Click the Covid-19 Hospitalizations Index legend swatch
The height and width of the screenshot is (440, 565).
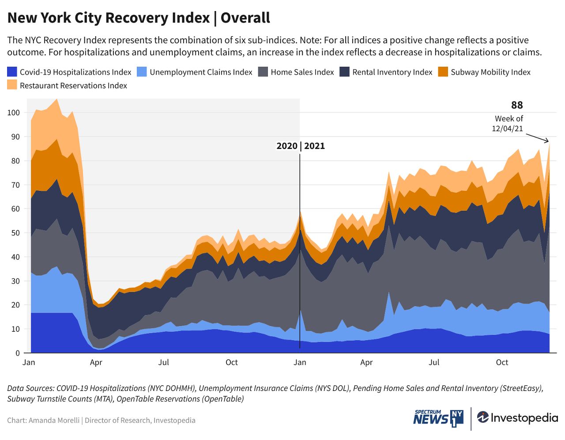click(12, 72)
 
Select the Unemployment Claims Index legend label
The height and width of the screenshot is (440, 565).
click(201, 72)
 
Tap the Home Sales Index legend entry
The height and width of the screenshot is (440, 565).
click(302, 72)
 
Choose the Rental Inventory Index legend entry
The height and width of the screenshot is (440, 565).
click(392, 72)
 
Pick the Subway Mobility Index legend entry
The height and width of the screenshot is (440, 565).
click(490, 72)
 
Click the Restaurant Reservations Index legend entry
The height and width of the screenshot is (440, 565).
click(73, 85)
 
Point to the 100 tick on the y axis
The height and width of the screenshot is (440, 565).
click(14, 113)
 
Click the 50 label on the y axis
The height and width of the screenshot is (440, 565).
click(15, 233)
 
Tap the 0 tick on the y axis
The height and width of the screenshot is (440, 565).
click(18, 353)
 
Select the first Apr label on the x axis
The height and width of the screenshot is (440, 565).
click(96, 363)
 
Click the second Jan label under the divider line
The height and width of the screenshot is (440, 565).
click(300, 363)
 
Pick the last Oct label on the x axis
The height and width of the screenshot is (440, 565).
click(502, 363)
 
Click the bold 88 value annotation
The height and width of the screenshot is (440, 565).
click(517, 105)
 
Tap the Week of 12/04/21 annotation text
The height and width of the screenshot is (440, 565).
click(508, 124)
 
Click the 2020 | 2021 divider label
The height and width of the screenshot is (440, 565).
click(301, 146)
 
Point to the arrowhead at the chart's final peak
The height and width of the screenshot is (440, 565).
click(547, 141)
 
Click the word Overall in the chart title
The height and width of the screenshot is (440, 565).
click(245, 18)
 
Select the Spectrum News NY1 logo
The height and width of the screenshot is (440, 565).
click(438, 418)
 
